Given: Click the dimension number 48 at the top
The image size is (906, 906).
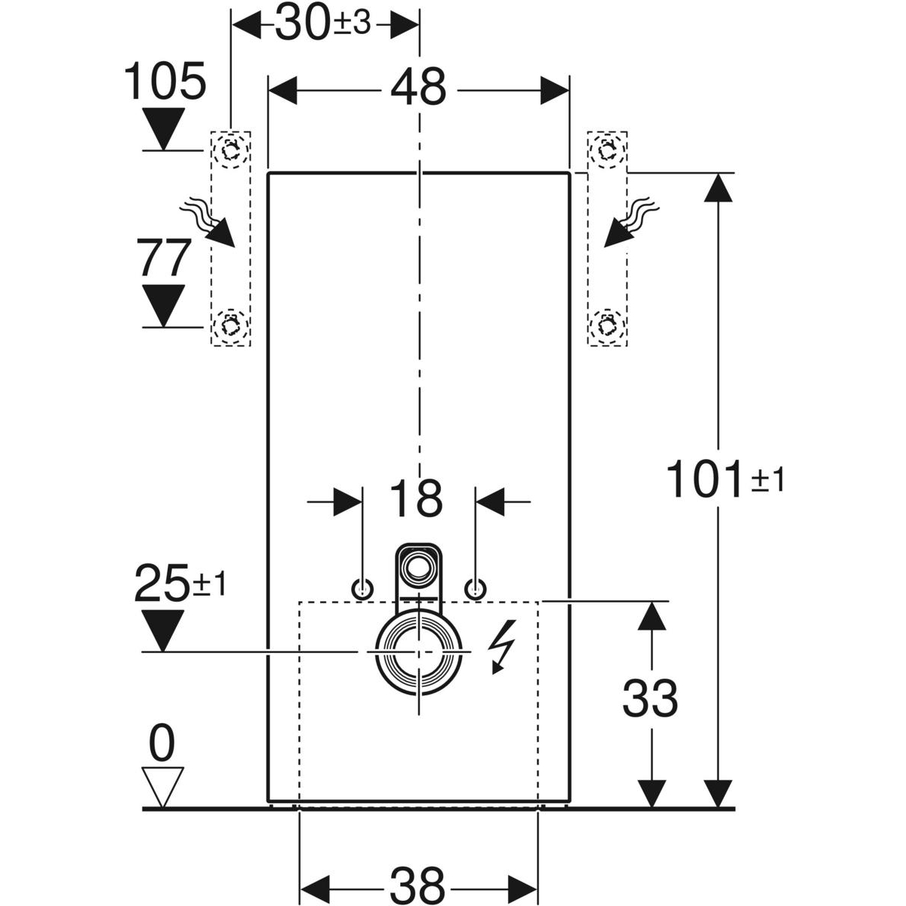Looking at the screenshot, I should (x=418, y=89).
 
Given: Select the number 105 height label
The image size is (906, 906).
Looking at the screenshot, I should (x=165, y=82).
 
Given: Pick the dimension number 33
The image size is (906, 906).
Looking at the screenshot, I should (x=650, y=698).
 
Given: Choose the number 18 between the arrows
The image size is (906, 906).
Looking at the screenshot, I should (x=418, y=498).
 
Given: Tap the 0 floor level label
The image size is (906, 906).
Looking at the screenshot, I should (x=163, y=744).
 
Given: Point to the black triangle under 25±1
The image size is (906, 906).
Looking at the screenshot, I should (x=163, y=630).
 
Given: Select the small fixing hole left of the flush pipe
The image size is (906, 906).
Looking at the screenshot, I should (x=363, y=589).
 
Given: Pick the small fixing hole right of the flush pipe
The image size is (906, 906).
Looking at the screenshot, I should (x=475, y=589).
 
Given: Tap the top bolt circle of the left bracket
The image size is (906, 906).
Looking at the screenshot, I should (x=230, y=149).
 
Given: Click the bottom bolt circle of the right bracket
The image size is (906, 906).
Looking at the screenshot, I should (x=606, y=325).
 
